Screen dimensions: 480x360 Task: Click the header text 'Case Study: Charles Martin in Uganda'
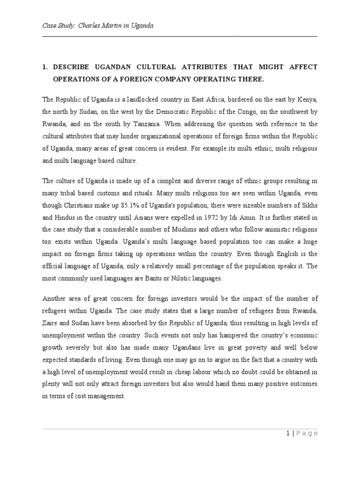tap(98, 26)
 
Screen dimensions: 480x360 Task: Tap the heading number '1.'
tap(46, 67)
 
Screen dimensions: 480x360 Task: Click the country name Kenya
tap(307, 99)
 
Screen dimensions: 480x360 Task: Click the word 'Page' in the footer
tap(307, 433)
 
